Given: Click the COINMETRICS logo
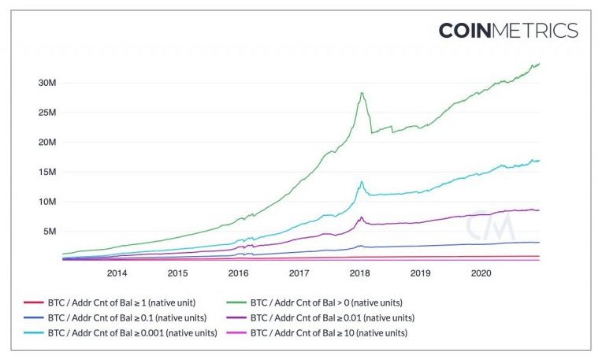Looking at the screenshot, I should [507, 31].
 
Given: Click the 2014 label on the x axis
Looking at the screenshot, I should [117, 273].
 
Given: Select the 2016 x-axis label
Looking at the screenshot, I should [238, 273].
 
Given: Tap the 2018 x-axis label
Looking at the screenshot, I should [359, 273].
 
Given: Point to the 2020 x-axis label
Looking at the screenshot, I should [481, 273].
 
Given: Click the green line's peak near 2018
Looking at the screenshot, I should [362, 93].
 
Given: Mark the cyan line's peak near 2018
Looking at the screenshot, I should [362, 182].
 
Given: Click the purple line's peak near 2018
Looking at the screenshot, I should [362, 217].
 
